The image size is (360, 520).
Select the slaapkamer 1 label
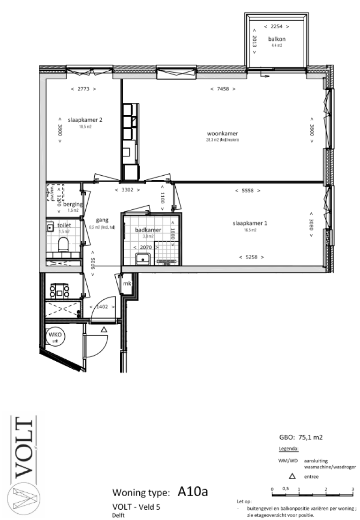pos(250,223)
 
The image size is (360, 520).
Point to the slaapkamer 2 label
pos(85,120)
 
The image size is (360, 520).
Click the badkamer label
pos(148,230)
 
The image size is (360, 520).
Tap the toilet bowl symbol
pos(63,244)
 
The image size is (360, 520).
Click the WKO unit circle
pos(55,336)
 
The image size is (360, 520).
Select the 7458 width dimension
pos(223,89)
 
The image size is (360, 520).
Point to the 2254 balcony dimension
pos(276,27)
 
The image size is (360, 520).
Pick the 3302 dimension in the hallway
pos(127,190)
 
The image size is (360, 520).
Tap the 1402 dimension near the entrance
pos(103,307)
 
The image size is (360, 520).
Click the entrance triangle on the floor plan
pos(104,330)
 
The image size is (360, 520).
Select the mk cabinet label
pos(127,284)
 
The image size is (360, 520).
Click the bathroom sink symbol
pos(142,258)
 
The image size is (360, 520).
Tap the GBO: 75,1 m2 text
pos(300,438)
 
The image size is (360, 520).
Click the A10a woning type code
pos(193,491)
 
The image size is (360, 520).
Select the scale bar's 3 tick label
pos(352,489)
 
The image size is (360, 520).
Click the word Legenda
pos(289,448)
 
